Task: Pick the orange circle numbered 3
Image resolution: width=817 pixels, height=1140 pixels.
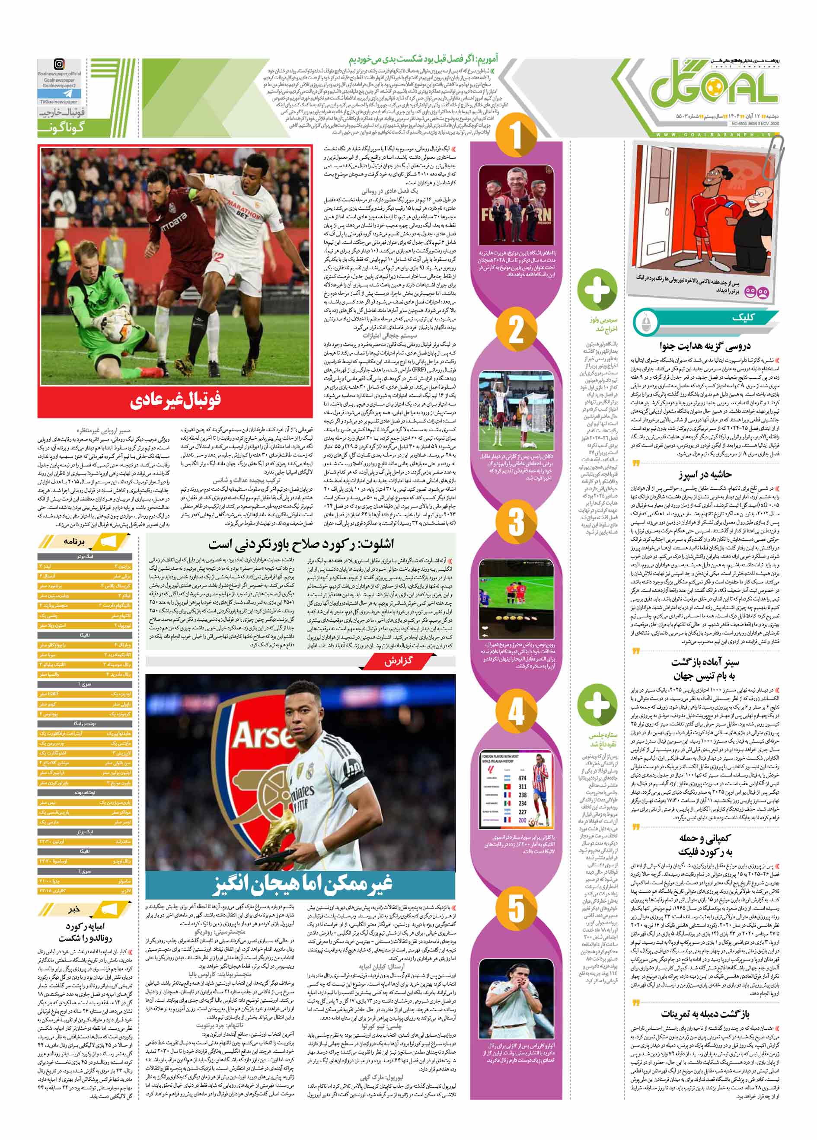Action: tap(516, 521)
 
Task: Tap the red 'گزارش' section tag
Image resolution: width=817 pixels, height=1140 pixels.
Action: tap(398, 661)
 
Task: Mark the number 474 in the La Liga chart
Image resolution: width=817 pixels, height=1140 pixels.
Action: tap(523, 778)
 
